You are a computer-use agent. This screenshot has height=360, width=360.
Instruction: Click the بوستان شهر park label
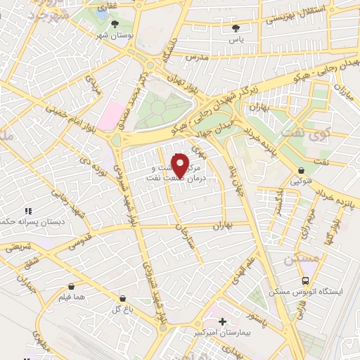click(115, 35)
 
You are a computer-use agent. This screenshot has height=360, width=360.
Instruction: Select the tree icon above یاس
click(236, 28)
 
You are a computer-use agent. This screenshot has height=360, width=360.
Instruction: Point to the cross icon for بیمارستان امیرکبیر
click(223, 322)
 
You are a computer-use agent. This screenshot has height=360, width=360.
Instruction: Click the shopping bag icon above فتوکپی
click(301, 170)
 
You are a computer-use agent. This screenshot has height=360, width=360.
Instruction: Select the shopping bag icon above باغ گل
click(123, 298)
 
